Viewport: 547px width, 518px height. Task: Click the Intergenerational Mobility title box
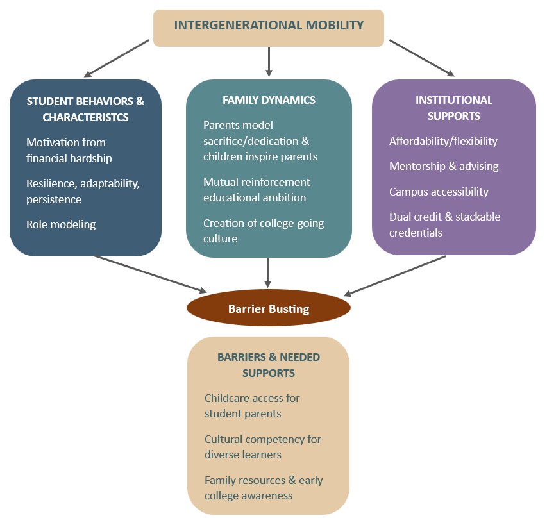[269, 27]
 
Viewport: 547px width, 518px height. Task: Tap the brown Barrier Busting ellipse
[269, 309]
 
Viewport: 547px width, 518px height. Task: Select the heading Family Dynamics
[269, 100]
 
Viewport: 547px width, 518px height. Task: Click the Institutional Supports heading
[454, 108]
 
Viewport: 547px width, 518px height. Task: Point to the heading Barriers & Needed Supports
[268, 365]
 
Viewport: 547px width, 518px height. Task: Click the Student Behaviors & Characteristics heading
[85, 109]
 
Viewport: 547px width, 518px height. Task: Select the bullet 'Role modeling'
[61, 224]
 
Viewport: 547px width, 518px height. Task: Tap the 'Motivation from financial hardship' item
[69, 150]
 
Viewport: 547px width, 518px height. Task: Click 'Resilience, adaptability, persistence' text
[83, 191]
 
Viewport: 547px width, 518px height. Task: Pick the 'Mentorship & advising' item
[444, 166]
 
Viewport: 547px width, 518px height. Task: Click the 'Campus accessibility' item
[439, 192]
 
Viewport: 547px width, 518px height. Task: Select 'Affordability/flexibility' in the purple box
[443, 141]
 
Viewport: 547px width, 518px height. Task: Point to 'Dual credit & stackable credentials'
[444, 224]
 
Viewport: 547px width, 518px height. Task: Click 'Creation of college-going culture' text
[264, 231]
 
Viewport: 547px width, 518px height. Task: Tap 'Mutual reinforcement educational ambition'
[257, 190]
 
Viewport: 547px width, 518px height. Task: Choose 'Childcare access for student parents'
[252, 406]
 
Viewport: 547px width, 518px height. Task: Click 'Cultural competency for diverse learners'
[263, 447]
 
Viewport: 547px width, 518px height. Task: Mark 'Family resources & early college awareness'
[264, 488]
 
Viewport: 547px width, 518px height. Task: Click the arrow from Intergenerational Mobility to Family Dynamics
[269, 62]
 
